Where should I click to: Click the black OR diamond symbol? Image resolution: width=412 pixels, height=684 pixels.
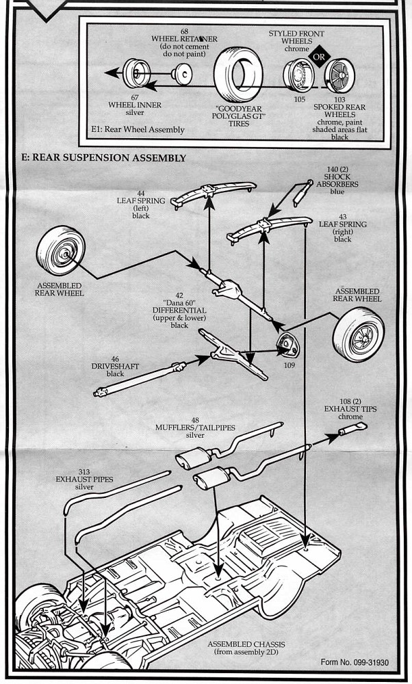coord(318,57)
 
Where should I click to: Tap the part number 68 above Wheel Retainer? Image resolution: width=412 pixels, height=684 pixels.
coord(184,31)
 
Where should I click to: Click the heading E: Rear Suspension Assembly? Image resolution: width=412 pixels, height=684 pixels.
coord(103,158)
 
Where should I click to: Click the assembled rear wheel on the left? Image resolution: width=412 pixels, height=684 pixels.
coord(62,251)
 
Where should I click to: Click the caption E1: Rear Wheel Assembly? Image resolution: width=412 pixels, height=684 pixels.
coord(138,129)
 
